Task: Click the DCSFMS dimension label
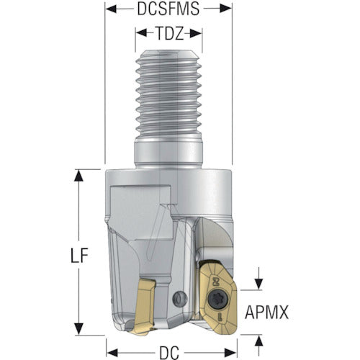[168, 9]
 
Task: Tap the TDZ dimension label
[168, 34]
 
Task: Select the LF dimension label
[79, 255]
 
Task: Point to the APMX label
[266, 312]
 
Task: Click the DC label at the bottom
[169, 353]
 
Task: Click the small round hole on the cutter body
[180, 299]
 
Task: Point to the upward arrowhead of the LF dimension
[79, 175]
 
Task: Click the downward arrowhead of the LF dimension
[79, 329]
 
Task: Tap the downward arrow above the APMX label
[258, 279]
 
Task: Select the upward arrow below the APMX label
[258, 346]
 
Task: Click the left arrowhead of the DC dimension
[112, 353]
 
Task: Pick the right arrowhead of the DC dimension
[231, 353]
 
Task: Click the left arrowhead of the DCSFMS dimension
[111, 9]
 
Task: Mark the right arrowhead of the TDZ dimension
[196, 34]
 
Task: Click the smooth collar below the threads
[168, 153]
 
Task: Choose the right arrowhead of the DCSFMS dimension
[226, 9]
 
